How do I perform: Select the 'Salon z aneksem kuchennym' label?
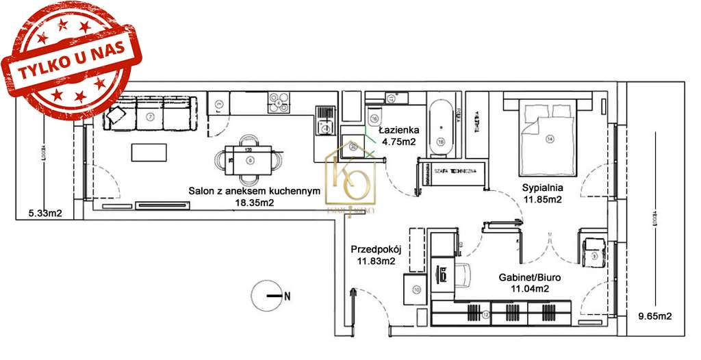(255, 192)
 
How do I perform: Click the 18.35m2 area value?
(255, 203)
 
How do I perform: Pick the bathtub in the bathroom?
(441, 127)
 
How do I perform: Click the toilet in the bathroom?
(374, 116)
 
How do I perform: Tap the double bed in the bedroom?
(548, 137)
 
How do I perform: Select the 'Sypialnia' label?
(541, 188)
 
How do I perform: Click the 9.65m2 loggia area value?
(654, 316)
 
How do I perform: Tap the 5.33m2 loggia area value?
(44, 213)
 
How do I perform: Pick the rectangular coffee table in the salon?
(149, 151)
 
